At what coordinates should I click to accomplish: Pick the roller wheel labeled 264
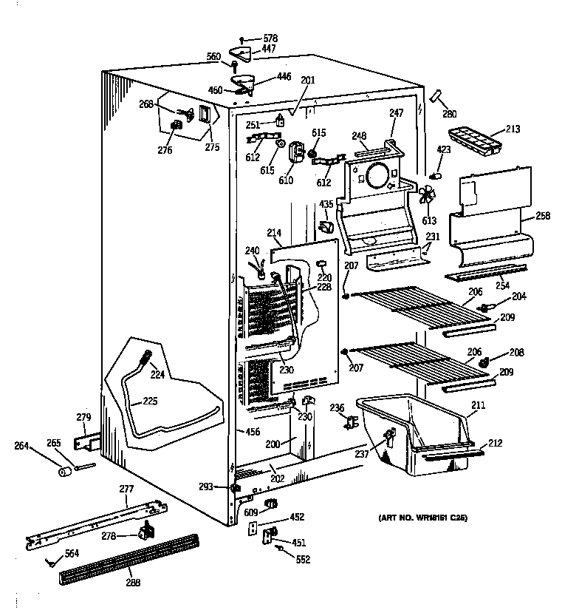tap(64, 471)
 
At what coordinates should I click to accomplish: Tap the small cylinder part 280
tap(436, 96)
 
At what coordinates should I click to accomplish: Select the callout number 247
tap(397, 112)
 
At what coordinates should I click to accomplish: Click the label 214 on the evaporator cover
tap(274, 233)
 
